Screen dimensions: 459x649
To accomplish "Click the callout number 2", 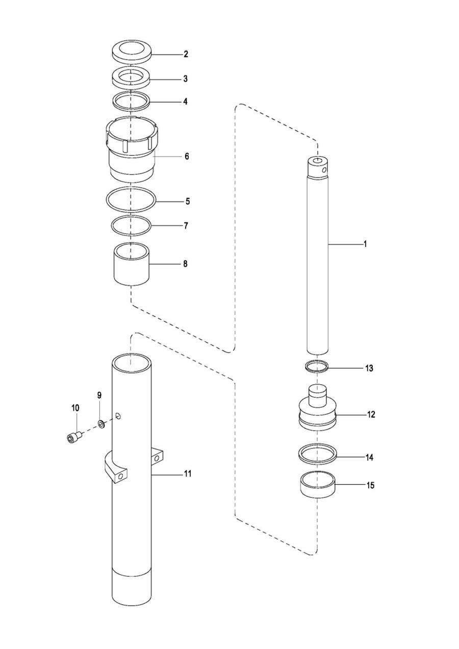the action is coord(186,54).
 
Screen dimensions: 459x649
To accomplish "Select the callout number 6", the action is coord(187,157).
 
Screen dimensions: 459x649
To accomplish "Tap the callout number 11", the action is coord(187,474).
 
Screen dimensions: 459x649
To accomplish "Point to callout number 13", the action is coord(369,368).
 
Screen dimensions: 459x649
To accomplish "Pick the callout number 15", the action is coord(370,485).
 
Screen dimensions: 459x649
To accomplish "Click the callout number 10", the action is coord(75,408).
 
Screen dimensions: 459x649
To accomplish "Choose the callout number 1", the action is coord(365,244).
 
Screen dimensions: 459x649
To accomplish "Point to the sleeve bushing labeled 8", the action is coord(131,264).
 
